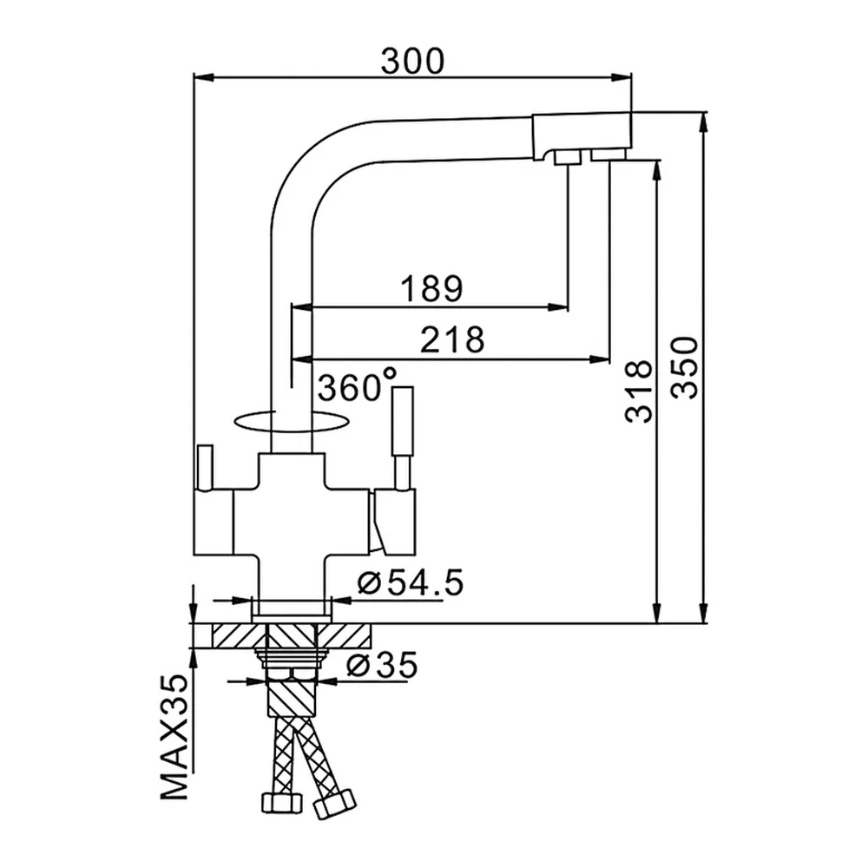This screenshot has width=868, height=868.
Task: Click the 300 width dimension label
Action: (x=412, y=61)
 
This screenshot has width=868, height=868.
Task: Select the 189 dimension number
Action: (x=431, y=288)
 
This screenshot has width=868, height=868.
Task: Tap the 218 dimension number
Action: (x=452, y=339)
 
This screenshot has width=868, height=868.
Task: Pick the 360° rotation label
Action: (x=357, y=385)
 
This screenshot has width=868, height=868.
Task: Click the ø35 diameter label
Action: (x=382, y=665)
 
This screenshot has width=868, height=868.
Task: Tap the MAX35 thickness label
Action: (x=175, y=737)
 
